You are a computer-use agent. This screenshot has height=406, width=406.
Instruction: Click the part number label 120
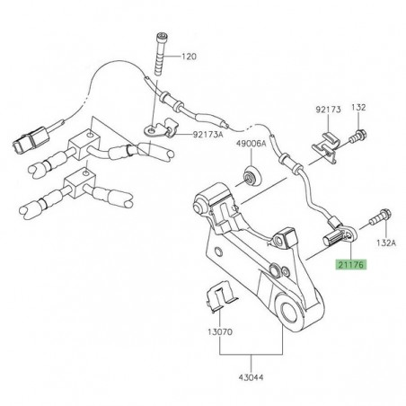187,55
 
